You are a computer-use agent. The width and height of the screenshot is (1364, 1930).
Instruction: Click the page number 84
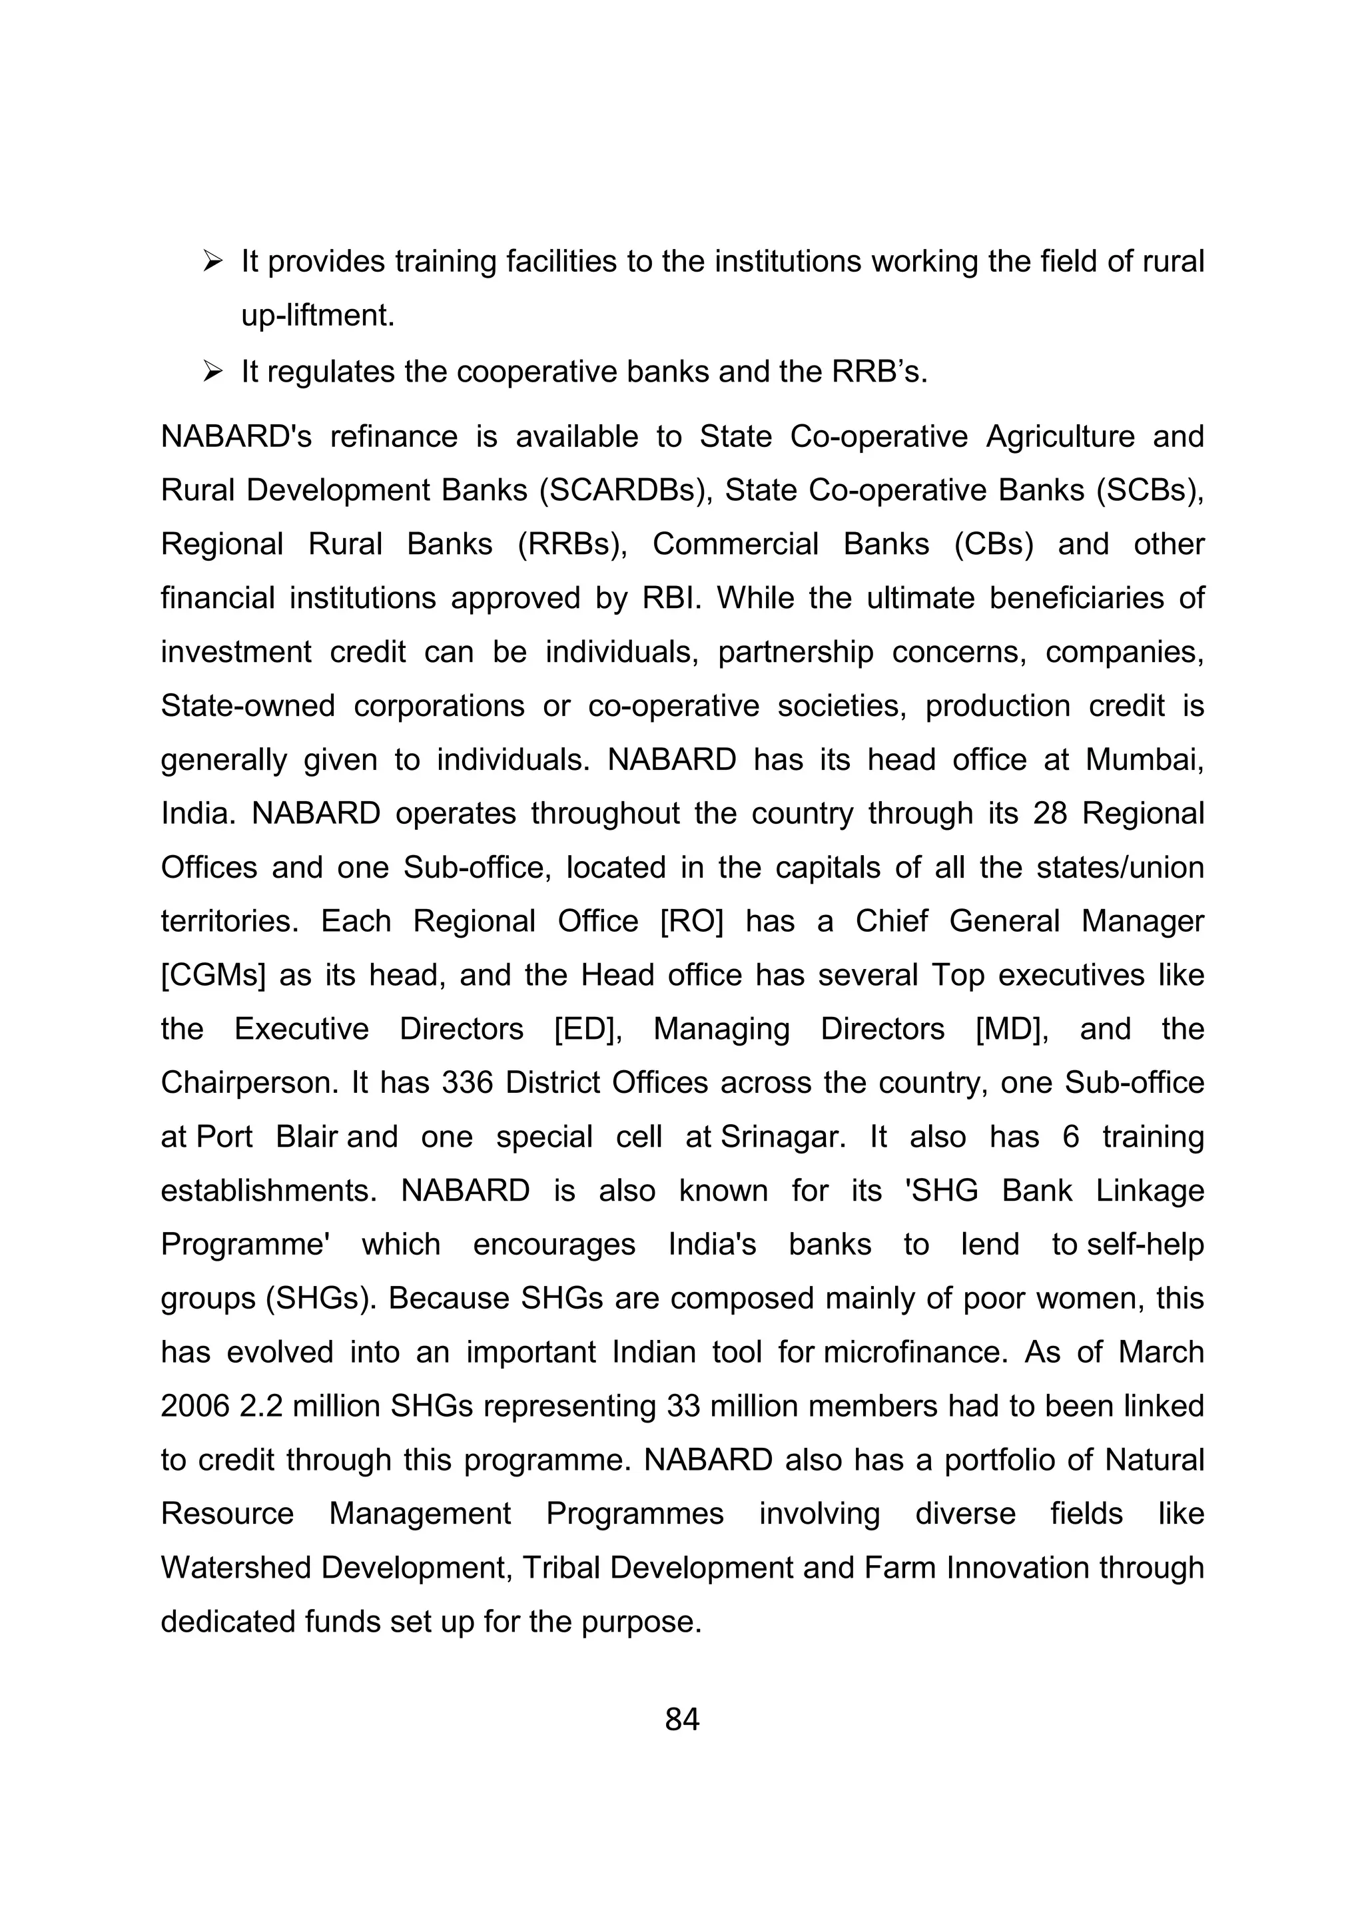point(681,1720)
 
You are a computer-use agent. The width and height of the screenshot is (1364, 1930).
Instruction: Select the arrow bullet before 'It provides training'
point(212,262)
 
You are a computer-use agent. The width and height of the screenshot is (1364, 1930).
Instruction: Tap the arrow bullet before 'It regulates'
point(212,372)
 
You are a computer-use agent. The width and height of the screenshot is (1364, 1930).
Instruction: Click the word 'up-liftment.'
point(318,316)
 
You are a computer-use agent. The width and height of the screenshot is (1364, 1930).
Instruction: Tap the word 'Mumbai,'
point(1145,759)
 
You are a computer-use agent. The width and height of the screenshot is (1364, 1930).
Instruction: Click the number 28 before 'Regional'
point(1050,814)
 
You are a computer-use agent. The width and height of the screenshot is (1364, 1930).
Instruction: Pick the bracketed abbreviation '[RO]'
point(692,921)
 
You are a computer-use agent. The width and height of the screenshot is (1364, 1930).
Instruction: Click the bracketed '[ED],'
point(588,1029)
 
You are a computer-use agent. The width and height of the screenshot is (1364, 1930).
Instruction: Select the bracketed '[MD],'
point(1012,1029)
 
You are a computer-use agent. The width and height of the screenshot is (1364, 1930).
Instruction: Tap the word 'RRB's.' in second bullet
point(879,372)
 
